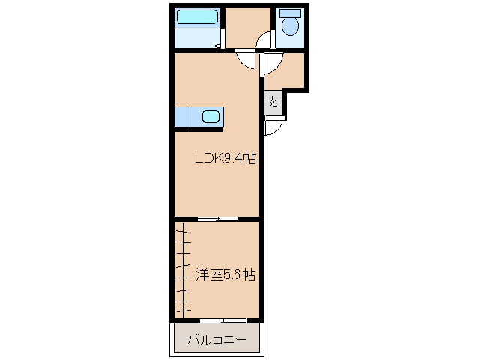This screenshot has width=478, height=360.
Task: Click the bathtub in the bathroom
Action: pyautogui.click(x=197, y=17)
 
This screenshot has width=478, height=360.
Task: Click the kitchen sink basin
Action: pyautogui.click(x=211, y=117)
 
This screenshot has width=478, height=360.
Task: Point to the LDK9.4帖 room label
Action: pyautogui.click(x=226, y=159)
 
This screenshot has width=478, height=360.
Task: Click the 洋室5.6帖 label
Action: pyautogui.click(x=225, y=275)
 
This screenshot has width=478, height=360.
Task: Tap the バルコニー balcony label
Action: pyautogui.click(x=217, y=340)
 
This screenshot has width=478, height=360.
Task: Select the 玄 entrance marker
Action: pyautogui.click(x=273, y=103)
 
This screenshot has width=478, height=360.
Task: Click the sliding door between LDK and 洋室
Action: pyautogui.click(x=218, y=219)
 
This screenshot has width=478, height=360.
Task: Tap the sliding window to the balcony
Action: pyautogui.click(x=223, y=320)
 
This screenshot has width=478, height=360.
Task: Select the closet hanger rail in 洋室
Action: pyautogui.click(x=184, y=270)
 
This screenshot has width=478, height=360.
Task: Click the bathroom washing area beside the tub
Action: pyautogui.click(x=197, y=36)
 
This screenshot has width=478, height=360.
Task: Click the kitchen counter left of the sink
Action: pyautogui.click(x=183, y=117)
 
